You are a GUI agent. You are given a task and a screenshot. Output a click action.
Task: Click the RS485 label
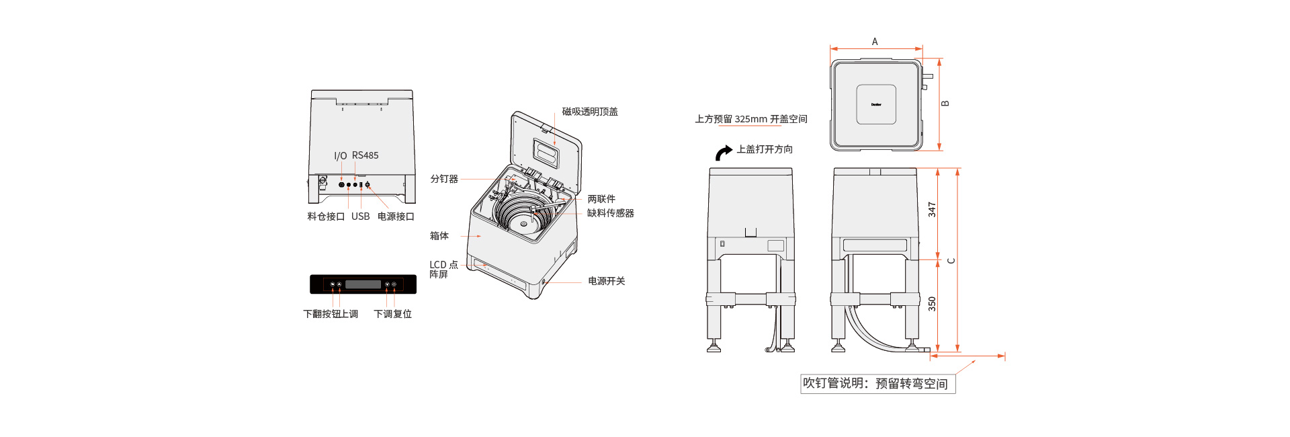pyautogui.click(x=365, y=155)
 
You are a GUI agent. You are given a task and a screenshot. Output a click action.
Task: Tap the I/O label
pyautogui.click(x=341, y=156)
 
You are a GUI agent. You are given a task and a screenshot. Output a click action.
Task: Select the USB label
pyautogui.click(x=360, y=216)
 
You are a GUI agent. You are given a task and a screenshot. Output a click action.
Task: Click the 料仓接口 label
pyautogui.click(x=326, y=216)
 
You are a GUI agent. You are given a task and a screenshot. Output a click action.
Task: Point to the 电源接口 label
pyautogui.click(x=396, y=216)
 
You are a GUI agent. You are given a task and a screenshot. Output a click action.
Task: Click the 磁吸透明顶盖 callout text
pyautogui.click(x=590, y=112)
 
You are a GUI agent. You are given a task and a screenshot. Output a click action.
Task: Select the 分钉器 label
pyautogui.click(x=444, y=179)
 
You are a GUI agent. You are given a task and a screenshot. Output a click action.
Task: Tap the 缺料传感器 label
pyautogui.click(x=610, y=213)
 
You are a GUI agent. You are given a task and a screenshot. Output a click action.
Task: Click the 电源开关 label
pyautogui.click(x=606, y=281)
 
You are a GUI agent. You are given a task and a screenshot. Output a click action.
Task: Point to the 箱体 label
pyautogui.click(x=439, y=236)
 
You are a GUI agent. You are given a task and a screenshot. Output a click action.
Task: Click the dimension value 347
pyautogui.click(x=932, y=210)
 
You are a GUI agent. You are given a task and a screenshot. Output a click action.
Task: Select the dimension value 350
pyautogui.click(x=932, y=304)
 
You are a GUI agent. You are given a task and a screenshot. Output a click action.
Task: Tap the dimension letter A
pyautogui.click(x=875, y=42)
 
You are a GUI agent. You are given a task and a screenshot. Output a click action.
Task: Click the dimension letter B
pyautogui.click(x=945, y=104)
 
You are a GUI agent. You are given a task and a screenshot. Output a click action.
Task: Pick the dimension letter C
pyautogui.click(x=951, y=261)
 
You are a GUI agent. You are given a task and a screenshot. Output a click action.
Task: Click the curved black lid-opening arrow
pyautogui.click(x=723, y=153)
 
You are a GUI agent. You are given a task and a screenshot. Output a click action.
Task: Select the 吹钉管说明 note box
pyautogui.click(x=877, y=384)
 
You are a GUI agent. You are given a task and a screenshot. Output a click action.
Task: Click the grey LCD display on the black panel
pyautogui.click(x=363, y=284)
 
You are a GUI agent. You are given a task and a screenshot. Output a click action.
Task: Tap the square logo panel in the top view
pyautogui.click(x=876, y=104)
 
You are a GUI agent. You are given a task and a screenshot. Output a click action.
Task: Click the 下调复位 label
pyautogui.click(x=392, y=314)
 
